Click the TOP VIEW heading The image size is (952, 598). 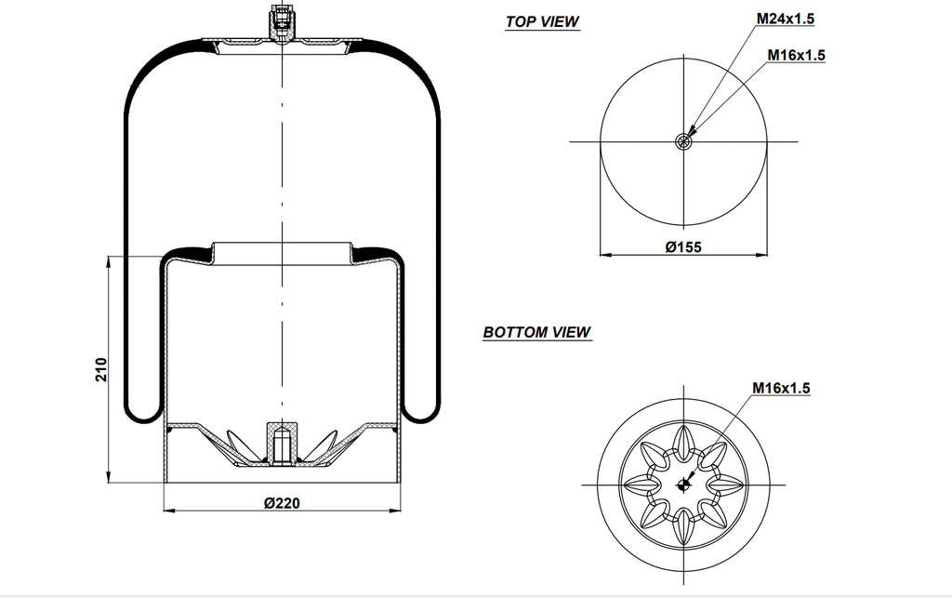542,21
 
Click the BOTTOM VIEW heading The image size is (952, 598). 536,332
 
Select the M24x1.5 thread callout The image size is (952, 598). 791,18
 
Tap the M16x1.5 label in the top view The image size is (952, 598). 797,55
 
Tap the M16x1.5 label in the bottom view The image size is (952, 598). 781,388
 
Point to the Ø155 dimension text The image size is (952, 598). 683,246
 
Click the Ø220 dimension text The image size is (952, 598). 282,503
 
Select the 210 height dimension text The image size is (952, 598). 102,368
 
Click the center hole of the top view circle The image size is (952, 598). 684,141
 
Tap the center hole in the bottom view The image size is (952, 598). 684,483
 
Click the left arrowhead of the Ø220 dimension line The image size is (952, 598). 168,511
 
